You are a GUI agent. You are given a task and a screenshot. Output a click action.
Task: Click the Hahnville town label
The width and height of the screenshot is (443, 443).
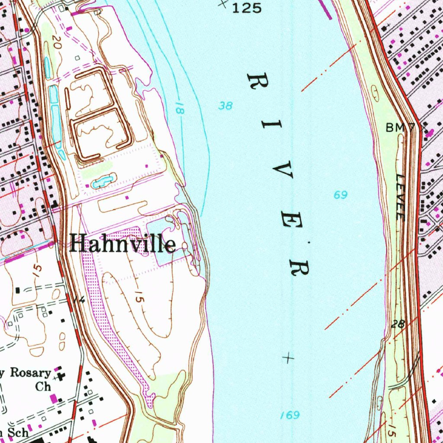(122, 244)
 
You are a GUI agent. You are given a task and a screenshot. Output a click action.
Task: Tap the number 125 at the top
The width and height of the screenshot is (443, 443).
(247, 8)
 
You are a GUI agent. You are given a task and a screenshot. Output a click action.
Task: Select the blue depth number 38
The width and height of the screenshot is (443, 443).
(225, 105)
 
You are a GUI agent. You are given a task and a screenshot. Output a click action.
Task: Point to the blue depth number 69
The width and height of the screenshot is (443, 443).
(340, 195)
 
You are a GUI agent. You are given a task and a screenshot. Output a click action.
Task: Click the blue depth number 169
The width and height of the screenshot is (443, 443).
(289, 415)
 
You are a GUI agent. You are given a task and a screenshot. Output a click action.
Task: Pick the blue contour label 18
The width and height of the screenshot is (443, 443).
(180, 108)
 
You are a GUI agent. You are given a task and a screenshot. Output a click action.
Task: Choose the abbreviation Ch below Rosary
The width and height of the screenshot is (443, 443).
(43, 386)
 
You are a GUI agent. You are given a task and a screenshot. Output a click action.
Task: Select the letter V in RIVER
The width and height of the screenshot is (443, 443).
(282, 171)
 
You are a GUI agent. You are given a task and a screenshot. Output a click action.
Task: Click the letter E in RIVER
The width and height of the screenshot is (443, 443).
(291, 220)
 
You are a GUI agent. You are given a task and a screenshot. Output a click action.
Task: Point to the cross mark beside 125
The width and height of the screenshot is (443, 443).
(223, 3)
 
